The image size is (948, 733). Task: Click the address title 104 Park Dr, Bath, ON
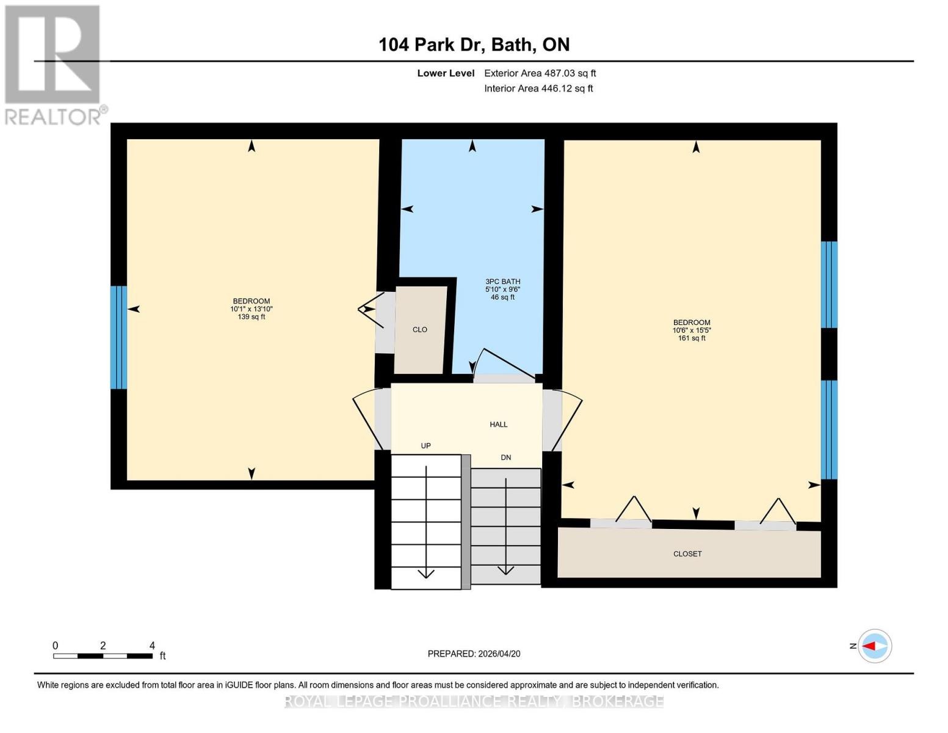(x=474, y=45)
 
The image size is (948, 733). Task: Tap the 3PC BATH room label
(x=502, y=282)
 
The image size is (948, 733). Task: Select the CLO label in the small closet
(x=419, y=330)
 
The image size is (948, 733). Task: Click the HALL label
(x=498, y=425)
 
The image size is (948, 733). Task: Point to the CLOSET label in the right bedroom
(x=687, y=554)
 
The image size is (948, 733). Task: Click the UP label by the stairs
(x=425, y=446)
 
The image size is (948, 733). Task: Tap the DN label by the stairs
(x=505, y=458)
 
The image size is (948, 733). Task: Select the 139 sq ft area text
(x=251, y=317)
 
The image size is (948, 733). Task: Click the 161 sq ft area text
(x=691, y=338)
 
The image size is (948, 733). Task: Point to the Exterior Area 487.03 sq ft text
(x=540, y=73)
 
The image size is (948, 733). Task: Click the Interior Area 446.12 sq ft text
(x=538, y=89)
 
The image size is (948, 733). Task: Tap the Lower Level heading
(x=446, y=73)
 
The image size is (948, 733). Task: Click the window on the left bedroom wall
(x=118, y=337)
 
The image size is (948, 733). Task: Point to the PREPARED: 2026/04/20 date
(x=474, y=654)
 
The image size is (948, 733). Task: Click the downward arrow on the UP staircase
(x=425, y=573)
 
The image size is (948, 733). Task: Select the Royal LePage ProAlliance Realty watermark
(x=474, y=701)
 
